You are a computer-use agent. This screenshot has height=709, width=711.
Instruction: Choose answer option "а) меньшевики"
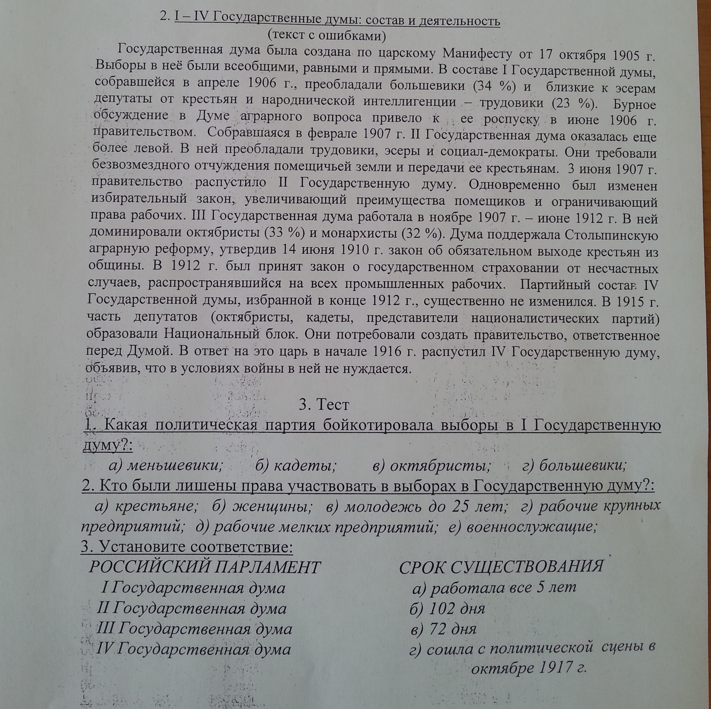(166, 466)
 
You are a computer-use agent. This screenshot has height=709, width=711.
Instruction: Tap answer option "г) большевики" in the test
(574, 466)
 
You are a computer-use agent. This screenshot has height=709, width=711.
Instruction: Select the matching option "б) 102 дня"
(447, 609)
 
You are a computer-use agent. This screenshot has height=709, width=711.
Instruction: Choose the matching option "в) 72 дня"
(444, 629)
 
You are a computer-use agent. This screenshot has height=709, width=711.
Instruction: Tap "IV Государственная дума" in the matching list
(194, 649)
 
